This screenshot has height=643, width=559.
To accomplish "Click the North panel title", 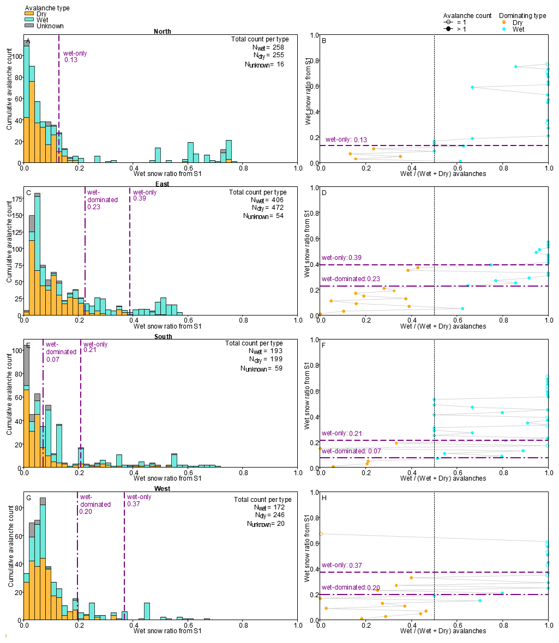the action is (162, 32).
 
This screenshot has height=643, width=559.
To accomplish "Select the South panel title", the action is (163, 337).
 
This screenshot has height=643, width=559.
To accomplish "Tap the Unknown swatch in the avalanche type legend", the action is (29, 26).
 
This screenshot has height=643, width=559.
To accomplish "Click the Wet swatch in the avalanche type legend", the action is (29, 19).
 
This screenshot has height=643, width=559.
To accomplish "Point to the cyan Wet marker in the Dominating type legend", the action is (504, 29).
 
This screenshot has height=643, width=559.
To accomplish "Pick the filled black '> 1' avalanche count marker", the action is (448, 29).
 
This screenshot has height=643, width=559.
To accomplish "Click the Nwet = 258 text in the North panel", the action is (268, 47).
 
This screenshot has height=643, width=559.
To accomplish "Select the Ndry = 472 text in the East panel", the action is (268, 208).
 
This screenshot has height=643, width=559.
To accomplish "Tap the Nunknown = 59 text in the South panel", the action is (261, 369).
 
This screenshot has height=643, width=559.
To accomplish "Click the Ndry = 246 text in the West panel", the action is (269, 515).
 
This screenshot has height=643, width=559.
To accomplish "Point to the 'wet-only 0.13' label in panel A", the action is (75, 57).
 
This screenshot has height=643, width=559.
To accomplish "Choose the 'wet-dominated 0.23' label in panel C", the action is (103, 199).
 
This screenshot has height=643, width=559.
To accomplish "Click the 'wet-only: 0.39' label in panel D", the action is (341, 258).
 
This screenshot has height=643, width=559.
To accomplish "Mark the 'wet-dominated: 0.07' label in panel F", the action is (351, 451).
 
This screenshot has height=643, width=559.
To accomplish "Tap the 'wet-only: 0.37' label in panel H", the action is (342, 565).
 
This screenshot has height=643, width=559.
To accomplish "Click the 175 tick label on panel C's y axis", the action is (17, 199).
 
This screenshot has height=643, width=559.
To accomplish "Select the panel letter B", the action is (324, 41).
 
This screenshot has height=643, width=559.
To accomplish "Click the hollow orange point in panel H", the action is (321, 534).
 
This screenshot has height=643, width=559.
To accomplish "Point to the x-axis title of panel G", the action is (167, 630).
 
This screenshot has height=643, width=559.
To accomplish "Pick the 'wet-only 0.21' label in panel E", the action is (95, 347).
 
